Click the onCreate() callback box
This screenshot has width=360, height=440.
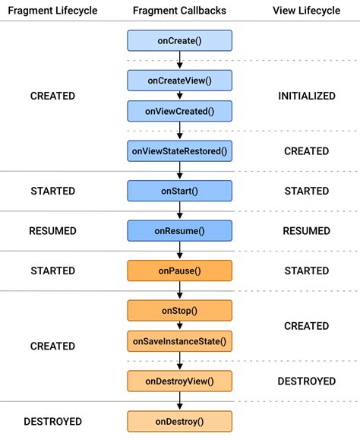tap(179, 40)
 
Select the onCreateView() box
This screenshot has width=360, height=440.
tap(179, 80)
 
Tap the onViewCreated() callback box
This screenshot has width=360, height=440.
tap(179, 111)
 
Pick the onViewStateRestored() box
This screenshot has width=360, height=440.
tap(179, 151)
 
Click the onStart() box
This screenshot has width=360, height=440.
tap(179, 191)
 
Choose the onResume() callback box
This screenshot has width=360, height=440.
tap(179, 230)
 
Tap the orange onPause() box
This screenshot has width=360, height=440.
tap(179, 271)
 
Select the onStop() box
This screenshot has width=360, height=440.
tap(179, 310)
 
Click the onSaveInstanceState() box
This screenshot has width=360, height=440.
tap(179, 341)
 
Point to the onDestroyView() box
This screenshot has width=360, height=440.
tap(179, 381)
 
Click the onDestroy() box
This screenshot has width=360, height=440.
tap(179, 421)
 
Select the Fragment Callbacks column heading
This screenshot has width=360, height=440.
tap(179, 10)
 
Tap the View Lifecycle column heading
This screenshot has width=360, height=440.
tap(307, 10)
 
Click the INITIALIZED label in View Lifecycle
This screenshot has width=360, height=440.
tap(307, 96)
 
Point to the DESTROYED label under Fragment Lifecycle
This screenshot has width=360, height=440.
tap(52, 421)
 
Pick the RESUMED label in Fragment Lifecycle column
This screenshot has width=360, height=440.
tap(52, 230)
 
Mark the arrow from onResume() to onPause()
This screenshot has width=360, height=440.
tap(179, 251)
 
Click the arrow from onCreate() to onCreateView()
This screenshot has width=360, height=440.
tap(179, 60)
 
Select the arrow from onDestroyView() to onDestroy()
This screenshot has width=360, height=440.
tap(179, 400)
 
